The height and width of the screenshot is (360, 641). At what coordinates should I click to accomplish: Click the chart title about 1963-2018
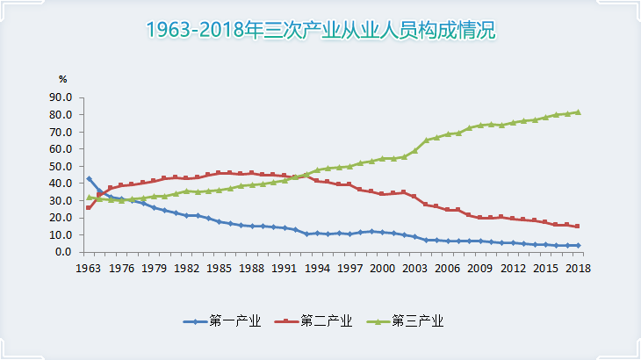pyautogui.click(x=320, y=32)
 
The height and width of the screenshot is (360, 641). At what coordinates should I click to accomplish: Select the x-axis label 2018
pyautogui.click(x=578, y=268)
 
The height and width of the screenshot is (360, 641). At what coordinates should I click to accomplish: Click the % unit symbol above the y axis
pyautogui.click(x=63, y=81)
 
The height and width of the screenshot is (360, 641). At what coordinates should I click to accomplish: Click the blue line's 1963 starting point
pyautogui.click(x=89, y=178)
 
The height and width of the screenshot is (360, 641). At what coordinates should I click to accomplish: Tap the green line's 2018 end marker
pyautogui.click(x=578, y=112)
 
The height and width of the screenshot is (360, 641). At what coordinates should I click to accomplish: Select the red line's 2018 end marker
pyautogui.click(x=578, y=226)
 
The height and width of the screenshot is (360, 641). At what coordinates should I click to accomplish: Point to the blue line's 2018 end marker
pyautogui.click(x=578, y=246)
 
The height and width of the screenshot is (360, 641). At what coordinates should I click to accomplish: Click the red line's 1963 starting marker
pyautogui.click(x=89, y=207)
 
